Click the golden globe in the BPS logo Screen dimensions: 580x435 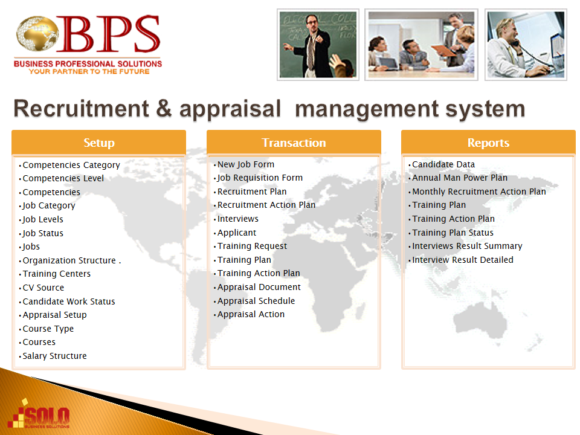[37, 33]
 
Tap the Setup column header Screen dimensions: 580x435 [98, 143]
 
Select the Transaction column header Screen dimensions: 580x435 [294, 143]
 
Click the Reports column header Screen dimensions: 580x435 [488, 143]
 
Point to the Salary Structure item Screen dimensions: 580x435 [55, 356]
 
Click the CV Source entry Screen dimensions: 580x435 [43, 288]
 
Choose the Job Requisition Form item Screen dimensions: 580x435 [260, 178]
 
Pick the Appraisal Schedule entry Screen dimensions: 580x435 [256, 301]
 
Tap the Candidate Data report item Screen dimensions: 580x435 [443, 164]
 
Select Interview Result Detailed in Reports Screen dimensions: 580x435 [463, 260]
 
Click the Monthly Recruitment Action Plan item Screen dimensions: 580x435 [479, 192]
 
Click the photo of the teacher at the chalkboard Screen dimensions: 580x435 [318, 45]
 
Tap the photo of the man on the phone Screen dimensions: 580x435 [526, 45]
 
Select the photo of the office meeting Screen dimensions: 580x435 [421, 45]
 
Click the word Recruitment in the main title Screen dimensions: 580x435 [82, 109]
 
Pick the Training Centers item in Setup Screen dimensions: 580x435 [57, 274]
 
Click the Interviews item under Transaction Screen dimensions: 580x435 [238, 219]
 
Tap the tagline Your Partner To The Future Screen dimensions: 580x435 [89, 71]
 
